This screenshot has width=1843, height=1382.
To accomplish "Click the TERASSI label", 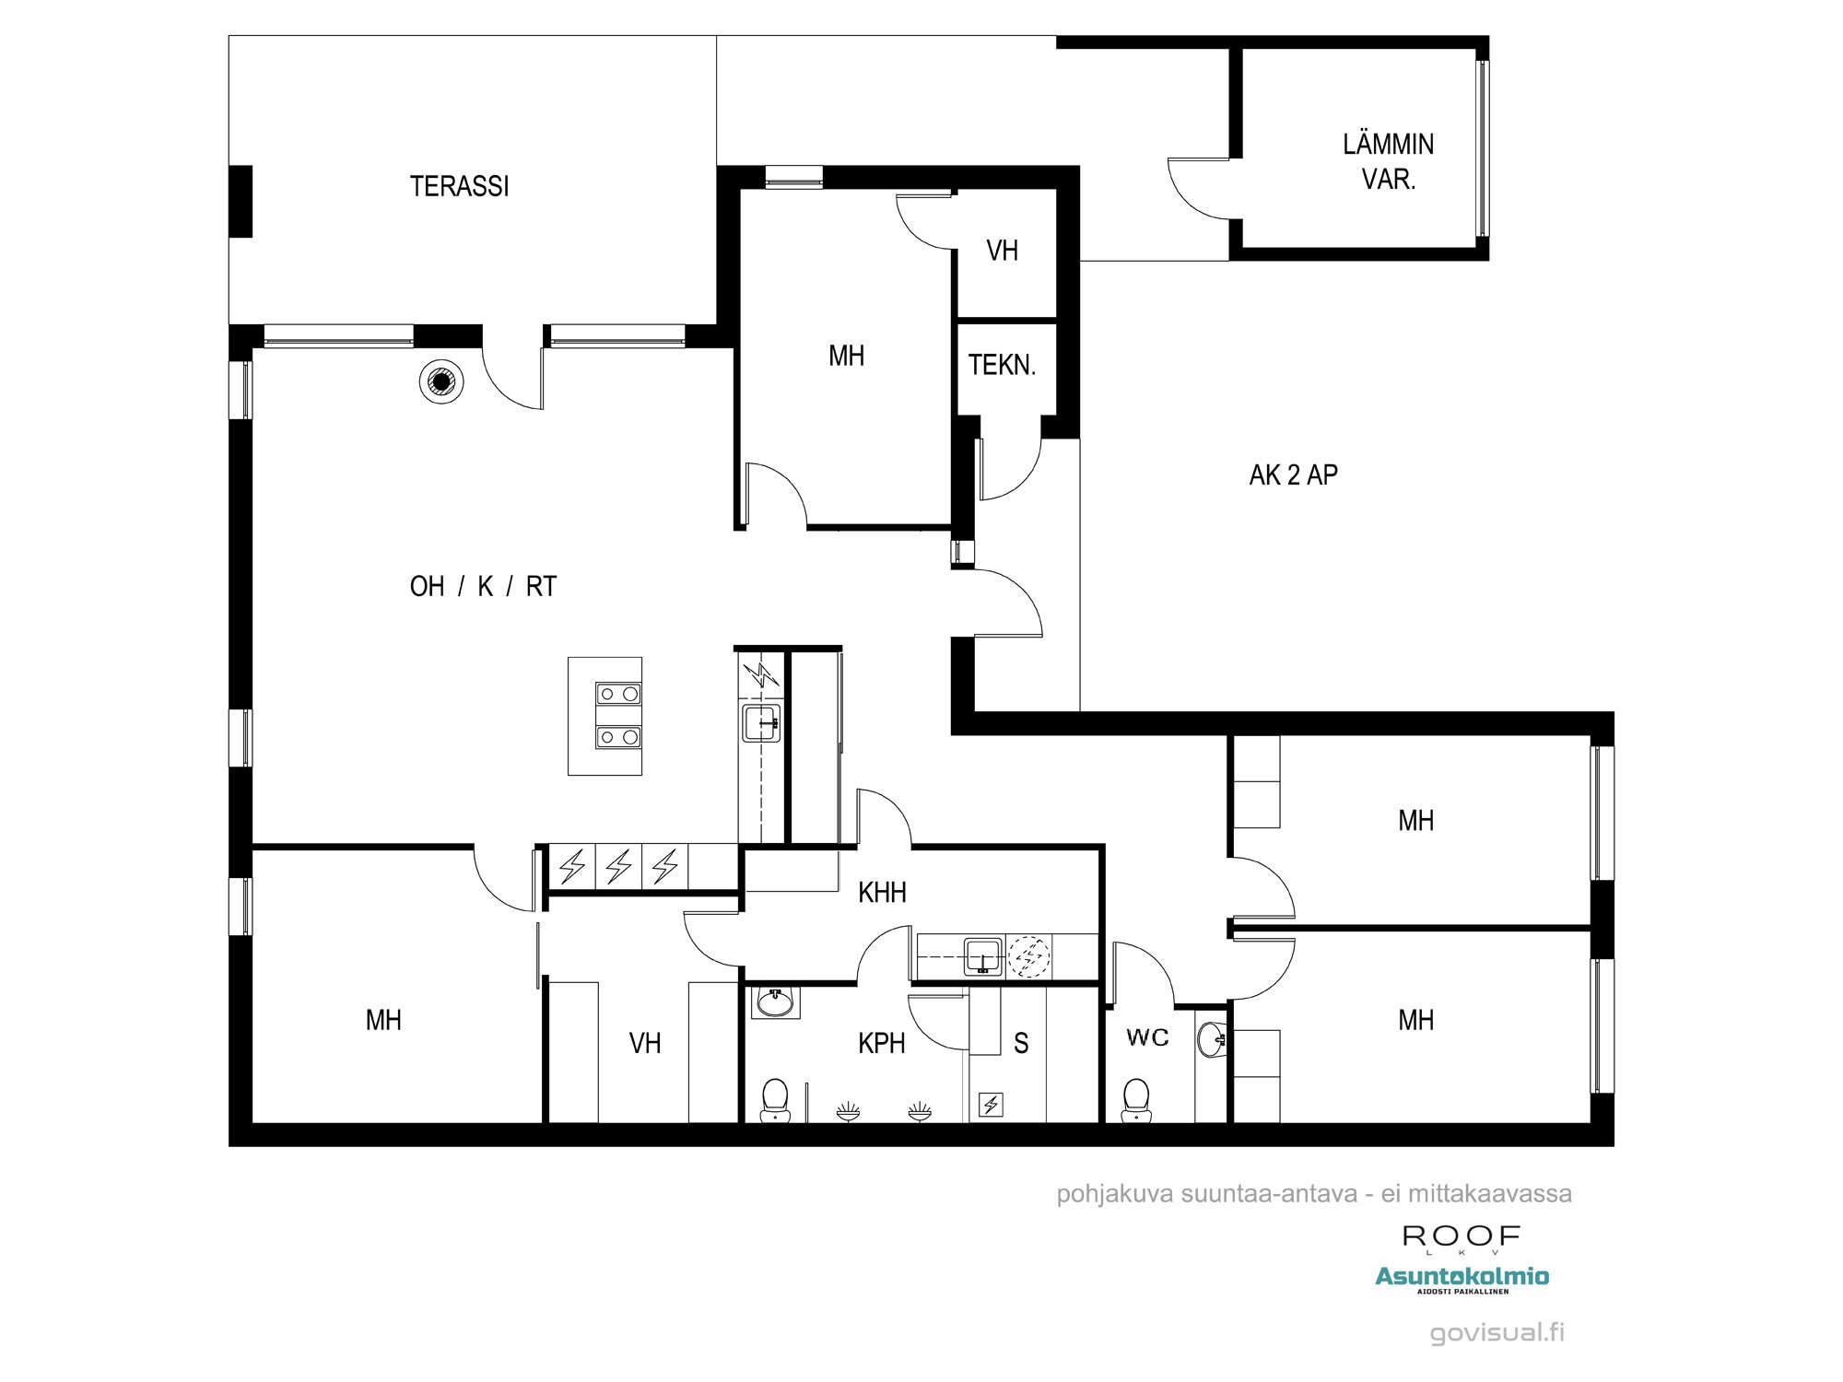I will [459, 186].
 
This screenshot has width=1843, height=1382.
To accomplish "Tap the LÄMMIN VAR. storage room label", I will [1388, 161].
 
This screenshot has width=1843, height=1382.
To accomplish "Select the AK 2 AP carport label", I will [1293, 474].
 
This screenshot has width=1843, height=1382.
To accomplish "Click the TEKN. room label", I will [1002, 365].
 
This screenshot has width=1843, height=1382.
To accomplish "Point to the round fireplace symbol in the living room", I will [441, 381].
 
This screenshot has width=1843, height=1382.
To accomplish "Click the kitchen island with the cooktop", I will [605, 716].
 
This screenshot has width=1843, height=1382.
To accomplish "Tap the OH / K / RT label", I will [483, 586].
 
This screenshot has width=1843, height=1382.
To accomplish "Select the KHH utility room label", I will [882, 892].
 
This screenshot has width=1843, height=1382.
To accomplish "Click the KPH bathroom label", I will [881, 1043].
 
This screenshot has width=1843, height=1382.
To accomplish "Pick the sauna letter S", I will [1021, 1043].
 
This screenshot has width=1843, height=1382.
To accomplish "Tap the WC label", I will [1147, 1037].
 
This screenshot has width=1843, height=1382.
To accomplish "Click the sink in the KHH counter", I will [983, 956].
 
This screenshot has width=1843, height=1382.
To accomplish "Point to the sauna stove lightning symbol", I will [992, 1104].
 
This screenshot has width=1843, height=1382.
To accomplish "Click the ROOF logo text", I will [1461, 1236].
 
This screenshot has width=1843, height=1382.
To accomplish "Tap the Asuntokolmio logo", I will [1461, 1276].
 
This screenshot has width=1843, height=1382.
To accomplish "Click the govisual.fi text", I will [1497, 1332].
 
